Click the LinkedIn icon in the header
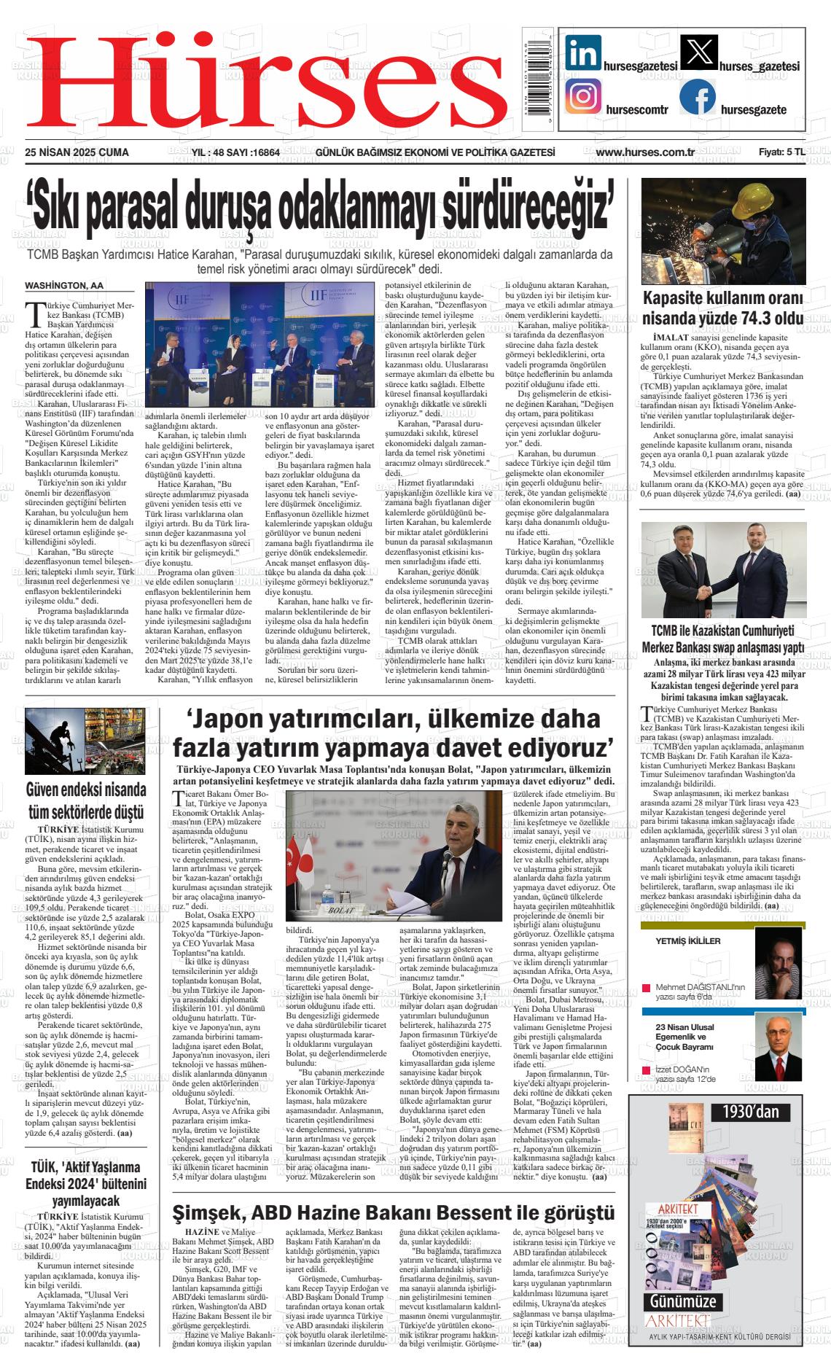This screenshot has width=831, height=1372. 583,53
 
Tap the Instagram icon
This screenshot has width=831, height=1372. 583,97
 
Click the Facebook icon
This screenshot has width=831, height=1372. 698,98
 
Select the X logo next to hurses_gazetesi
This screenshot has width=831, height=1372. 698,53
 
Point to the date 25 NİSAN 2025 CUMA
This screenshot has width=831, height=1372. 77,152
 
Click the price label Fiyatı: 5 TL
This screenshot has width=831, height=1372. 781,152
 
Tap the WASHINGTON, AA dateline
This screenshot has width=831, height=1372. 64,285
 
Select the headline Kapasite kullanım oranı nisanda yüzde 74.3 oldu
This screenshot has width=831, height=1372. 722,308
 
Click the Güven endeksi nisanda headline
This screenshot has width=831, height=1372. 85,800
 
